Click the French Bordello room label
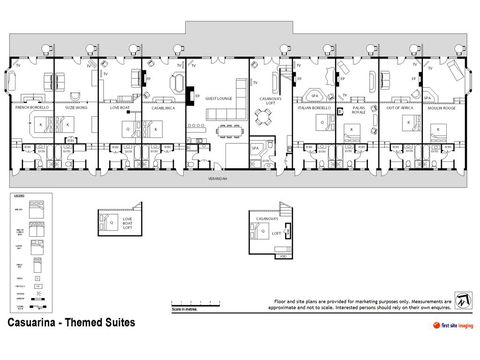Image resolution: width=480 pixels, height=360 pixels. [32, 106]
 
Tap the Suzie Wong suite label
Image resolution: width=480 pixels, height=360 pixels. [76, 106]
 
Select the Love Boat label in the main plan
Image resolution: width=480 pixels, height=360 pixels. [120, 106]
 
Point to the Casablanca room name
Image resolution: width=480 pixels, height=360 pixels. [163, 106]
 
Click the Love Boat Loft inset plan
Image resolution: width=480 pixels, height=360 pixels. [112, 223]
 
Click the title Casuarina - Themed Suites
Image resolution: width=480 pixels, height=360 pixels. [71, 325]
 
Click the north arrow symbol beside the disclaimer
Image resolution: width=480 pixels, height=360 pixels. [461, 300]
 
